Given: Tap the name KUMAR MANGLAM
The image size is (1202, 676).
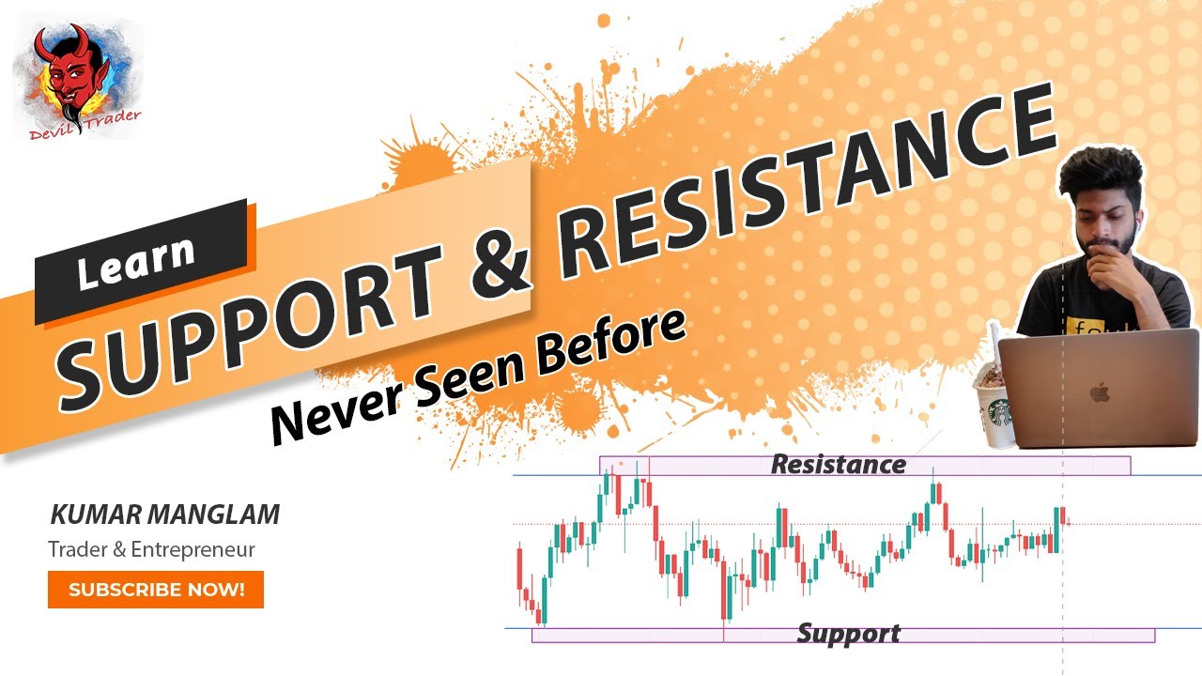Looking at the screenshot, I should coord(164,515).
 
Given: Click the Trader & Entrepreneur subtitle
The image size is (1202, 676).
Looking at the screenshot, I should coord(151,550).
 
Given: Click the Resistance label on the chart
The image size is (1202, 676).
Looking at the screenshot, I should coord(838,465).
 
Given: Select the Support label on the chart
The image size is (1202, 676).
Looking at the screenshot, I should coord(848,634).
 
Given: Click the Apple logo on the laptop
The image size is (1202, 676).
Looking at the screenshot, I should coord(1100,392).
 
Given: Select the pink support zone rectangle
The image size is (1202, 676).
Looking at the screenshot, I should coord(657,636).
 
